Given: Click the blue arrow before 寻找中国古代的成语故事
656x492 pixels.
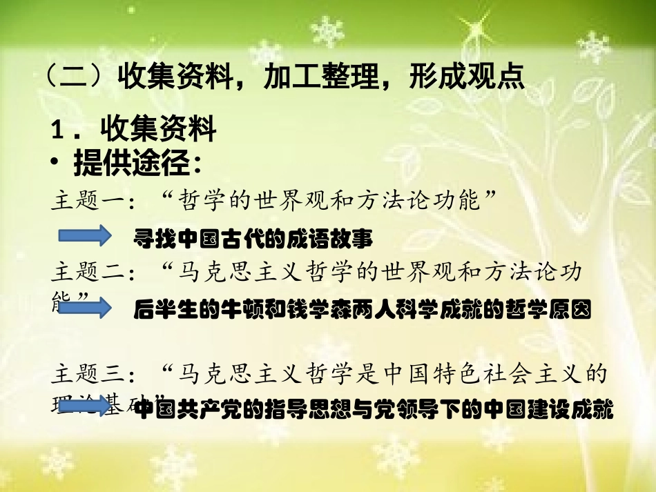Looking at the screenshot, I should coord(84,236).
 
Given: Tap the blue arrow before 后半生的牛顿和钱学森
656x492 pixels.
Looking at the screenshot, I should coord(84,308).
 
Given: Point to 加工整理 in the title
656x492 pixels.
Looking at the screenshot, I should coord(318,77).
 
